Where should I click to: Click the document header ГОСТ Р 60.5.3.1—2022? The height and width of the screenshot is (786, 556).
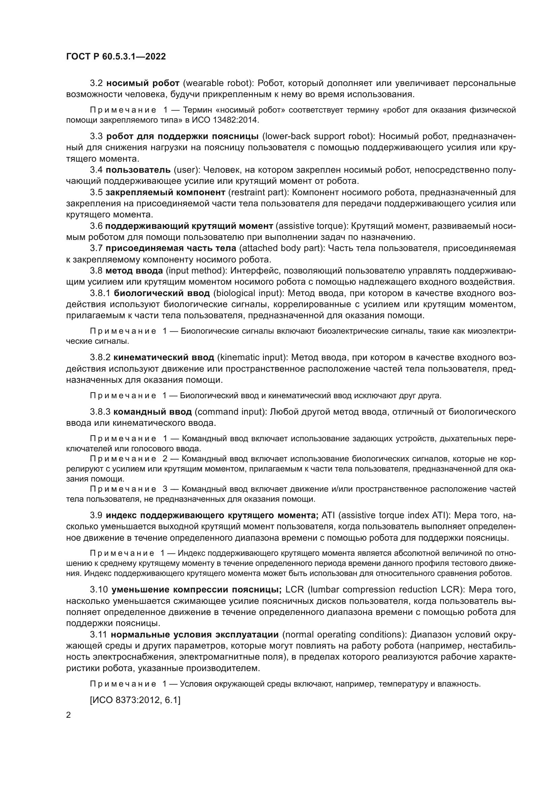(116, 56)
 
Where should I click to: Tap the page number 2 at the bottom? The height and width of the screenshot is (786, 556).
(69, 715)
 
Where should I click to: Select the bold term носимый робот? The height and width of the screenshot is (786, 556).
(143, 83)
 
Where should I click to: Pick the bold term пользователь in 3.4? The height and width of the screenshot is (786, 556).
(138, 170)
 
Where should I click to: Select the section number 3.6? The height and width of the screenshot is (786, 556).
(96, 226)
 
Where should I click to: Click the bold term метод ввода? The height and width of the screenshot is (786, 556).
(134, 271)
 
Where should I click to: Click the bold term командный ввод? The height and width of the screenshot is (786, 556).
(152, 412)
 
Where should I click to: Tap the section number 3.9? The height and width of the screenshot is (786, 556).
(96, 515)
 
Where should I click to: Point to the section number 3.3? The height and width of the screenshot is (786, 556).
(96, 136)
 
